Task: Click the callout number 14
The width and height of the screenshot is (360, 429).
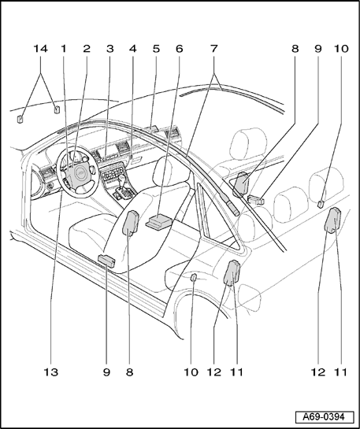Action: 40,49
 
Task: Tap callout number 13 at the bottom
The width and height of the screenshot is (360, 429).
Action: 51,372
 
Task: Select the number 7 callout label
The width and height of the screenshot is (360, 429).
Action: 213,49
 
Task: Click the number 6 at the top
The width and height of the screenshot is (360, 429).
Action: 179,49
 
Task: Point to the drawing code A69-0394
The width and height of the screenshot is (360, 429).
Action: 325,417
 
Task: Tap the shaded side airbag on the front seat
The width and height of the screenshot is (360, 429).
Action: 131,223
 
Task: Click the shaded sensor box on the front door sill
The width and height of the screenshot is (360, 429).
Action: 107,261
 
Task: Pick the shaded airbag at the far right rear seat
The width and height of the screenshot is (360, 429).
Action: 332,220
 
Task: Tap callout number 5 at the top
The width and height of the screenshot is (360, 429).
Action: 156,49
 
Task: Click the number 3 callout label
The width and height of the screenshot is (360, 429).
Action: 109,49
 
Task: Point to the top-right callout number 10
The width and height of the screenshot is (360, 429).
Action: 341,49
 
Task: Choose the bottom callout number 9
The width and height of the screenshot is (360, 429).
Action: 107,372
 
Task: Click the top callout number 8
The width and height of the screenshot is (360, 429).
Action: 295,49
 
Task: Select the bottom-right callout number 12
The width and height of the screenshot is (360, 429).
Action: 318,372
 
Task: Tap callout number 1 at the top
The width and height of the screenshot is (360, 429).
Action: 64,49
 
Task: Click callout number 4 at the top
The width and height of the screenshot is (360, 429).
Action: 133,49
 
